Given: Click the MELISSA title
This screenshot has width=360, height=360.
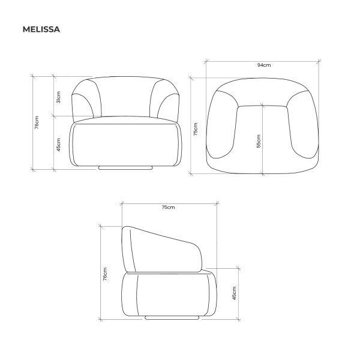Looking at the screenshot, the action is coord(41,29).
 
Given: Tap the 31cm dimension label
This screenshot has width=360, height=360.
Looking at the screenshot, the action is coord(59,97).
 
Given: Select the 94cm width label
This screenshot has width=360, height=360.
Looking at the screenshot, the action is coord(264,65).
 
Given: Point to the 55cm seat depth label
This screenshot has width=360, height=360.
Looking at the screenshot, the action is coord(259,141).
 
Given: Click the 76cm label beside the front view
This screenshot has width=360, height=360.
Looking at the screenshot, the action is coord(37,122).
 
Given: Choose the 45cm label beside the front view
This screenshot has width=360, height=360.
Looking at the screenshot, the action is coord(59,145).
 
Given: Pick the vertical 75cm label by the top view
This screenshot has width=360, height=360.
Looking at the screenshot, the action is coord(196,129).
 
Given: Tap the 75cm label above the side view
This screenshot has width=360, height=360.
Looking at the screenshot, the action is coord(168,207).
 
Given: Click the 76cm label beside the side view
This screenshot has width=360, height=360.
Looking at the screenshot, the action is coord(105,274).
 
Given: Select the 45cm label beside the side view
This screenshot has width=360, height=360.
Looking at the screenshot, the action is coord(234,293).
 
